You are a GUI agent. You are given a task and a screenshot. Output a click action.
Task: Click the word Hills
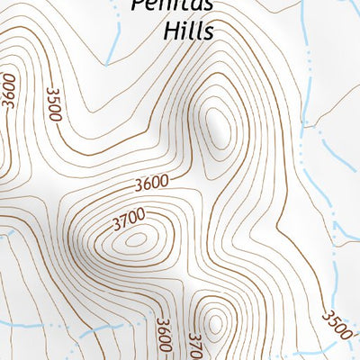coord(189,31)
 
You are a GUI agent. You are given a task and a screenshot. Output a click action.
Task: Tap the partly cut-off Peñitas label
coord(171,4)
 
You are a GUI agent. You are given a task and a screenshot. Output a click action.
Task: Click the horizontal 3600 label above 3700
coord(151,184)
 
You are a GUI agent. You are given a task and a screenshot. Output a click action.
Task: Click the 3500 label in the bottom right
coord(336,324)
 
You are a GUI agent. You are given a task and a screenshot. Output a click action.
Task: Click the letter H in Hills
coord(171,31)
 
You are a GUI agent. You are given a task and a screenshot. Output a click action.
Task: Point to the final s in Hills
coord(208,32)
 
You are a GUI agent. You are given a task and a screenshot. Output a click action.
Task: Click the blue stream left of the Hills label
coord(113,40)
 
